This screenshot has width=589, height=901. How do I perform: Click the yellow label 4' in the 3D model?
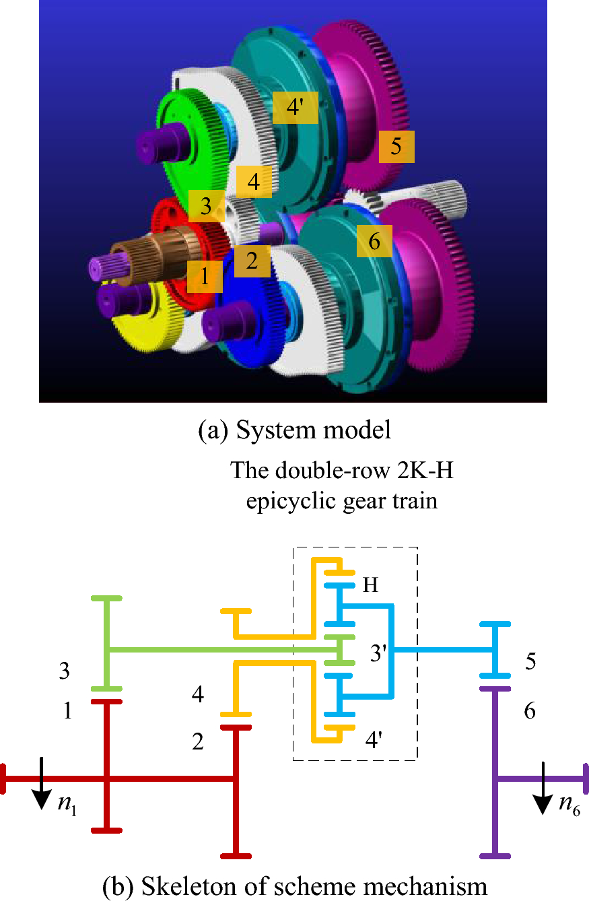click(296, 108)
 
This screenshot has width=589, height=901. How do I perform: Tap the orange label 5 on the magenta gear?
click(396, 147)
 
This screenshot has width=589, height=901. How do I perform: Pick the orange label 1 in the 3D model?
click(205, 275)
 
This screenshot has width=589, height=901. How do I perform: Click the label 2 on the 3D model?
click(252, 261)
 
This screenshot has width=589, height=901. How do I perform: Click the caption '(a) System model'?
click(294, 430)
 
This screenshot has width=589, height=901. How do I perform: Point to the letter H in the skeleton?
click(370, 585)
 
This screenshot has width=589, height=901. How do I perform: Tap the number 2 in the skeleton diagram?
click(198, 742)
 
